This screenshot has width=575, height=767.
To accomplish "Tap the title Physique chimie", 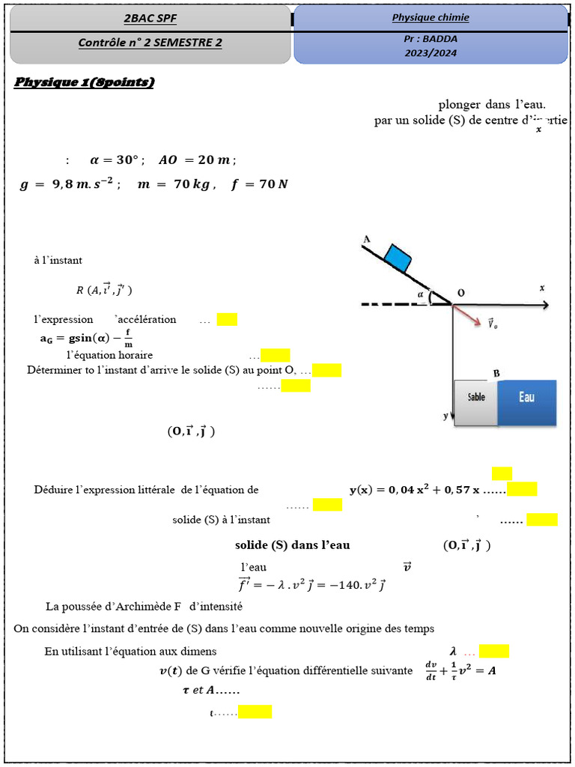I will (431, 17).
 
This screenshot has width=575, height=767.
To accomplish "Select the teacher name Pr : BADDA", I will (431, 40).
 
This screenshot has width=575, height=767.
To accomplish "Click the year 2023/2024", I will (431, 53).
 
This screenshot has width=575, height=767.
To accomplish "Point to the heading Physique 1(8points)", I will (85, 82).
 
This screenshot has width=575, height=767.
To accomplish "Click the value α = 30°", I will (117, 160).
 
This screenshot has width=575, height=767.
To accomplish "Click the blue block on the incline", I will (398, 258).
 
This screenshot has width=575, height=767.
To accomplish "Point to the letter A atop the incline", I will (367, 239).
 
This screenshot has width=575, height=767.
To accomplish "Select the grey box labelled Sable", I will (476, 404).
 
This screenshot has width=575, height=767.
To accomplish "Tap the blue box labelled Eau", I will (527, 402).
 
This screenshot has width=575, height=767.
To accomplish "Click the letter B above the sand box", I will (496, 373).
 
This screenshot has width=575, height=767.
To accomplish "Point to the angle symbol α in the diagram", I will (421, 295).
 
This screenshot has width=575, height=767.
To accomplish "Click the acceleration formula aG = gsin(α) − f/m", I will (86, 338).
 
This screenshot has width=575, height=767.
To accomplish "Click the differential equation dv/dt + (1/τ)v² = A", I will (460, 670).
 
